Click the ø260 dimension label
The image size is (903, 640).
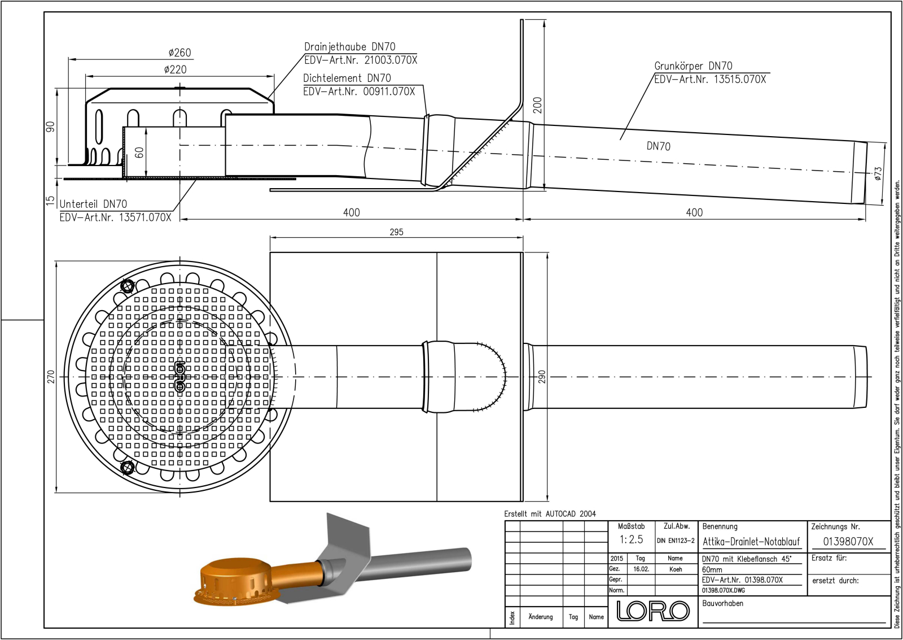pyautogui.click(x=179, y=53)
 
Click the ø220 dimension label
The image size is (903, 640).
pyautogui.click(x=175, y=69)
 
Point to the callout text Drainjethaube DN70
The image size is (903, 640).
pyautogui.click(x=349, y=47)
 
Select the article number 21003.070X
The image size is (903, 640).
pyautogui.click(x=391, y=60)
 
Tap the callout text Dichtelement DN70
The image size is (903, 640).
pyautogui.click(x=347, y=78)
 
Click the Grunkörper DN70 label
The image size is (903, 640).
pyautogui.click(x=693, y=66)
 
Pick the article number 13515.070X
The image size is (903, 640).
pyautogui.click(x=740, y=80)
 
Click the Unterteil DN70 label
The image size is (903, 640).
pyautogui.click(x=93, y=204)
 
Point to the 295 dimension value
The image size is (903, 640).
pyautogui.click(x=396, y=232)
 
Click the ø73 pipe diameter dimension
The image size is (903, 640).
pyautogui.click(x=878, y=173)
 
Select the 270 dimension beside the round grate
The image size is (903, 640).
pyautogui.click(x=51, y=377)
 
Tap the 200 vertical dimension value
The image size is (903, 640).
pyautogui.click(x=537, y=105)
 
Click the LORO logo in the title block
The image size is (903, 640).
pyautogui.click(x=652, y=611)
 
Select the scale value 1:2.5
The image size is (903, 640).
pyautogui.click(x=631, y=539)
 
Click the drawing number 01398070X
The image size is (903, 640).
pyautogui.click(x=848, y=541)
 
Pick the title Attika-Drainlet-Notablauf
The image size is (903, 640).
pyautogui.click(x=751, y=542)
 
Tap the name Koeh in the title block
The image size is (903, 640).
pyautogui.click(x=676, y=569)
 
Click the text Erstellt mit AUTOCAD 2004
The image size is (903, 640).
pyautogui.click(x=550, y=514)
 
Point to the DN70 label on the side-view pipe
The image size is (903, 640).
pyautogui.click(x=658, y=146)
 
